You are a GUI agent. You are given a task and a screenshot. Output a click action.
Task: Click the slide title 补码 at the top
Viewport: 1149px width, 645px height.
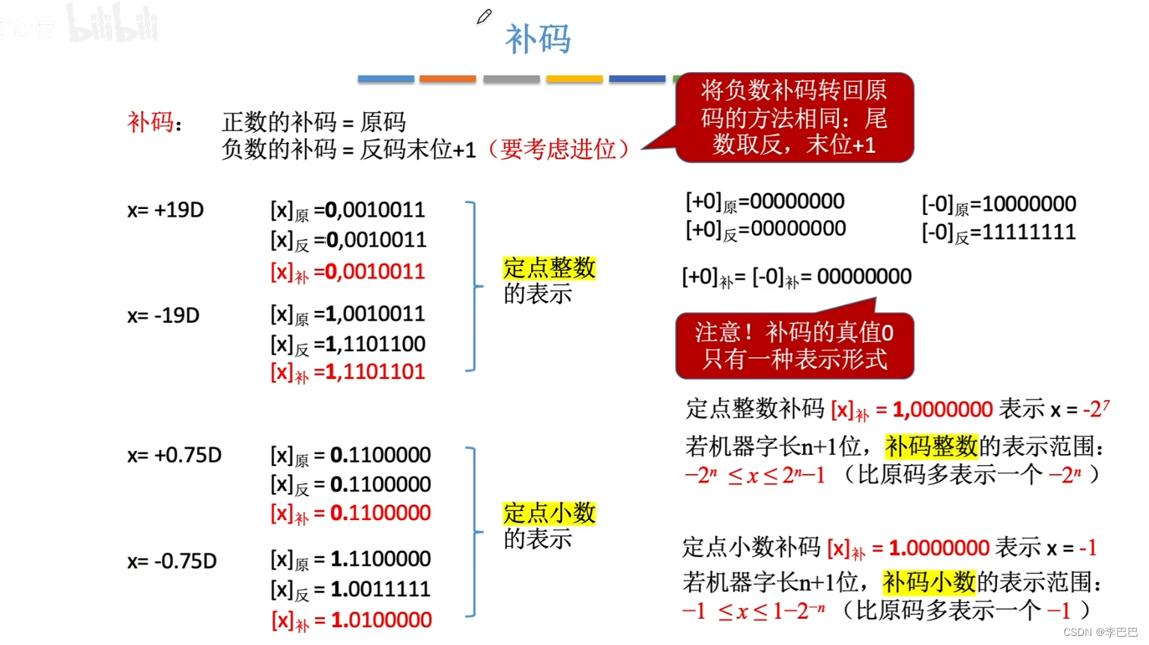click(538, 38)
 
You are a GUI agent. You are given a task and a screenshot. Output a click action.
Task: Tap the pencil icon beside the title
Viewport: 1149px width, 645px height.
click(484, 16)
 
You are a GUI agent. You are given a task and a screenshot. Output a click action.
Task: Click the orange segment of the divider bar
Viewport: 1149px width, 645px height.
click(447, 79)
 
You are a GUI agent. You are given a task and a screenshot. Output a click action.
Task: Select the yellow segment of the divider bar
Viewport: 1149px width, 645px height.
click(574, 79)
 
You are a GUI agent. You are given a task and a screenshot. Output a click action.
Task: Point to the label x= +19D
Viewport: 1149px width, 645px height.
click(166, 210)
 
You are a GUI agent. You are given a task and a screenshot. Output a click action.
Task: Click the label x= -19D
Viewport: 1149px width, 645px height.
click(163, 315)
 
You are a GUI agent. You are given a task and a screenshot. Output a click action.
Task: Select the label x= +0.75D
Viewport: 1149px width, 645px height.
click(175, 455)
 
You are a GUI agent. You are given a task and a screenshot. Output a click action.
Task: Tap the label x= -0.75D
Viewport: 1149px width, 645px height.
click(172, 561)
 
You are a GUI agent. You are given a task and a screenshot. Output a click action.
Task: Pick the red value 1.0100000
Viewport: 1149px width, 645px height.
click(381, 620)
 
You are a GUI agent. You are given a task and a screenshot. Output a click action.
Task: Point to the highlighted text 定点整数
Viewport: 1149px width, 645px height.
click(549, 267)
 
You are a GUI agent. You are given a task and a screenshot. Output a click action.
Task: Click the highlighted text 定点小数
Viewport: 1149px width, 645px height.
click(549, 513)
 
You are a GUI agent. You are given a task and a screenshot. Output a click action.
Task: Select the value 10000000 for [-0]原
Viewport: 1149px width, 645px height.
click(1028, 204)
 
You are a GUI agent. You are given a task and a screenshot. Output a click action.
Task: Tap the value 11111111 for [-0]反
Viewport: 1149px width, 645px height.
click(1028, 232)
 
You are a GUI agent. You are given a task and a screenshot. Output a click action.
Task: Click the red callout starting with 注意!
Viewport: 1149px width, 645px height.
click(794, 346)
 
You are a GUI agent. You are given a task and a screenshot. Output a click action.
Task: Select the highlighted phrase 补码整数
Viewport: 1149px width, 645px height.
click(931, 446)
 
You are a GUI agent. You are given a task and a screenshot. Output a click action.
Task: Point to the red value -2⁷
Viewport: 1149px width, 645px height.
click(1096, 409)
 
